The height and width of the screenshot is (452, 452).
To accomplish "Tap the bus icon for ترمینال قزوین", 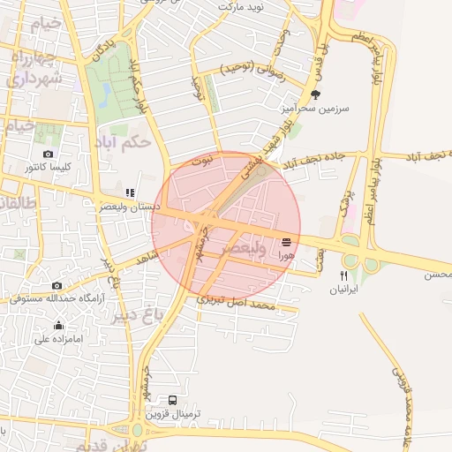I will (x=172, y=400).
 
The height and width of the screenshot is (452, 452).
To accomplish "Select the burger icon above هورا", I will (x=285, y=241).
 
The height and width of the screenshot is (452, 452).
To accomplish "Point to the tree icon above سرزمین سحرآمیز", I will (x=315, y=94).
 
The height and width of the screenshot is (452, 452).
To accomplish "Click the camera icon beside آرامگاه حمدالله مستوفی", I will (x=57, y=285).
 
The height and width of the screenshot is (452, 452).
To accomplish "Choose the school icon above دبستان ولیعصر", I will (x=130, y=192).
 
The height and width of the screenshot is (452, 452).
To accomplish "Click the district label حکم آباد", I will (x=127, y=140).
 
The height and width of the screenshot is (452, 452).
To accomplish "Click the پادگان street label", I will (x=102, y=49).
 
